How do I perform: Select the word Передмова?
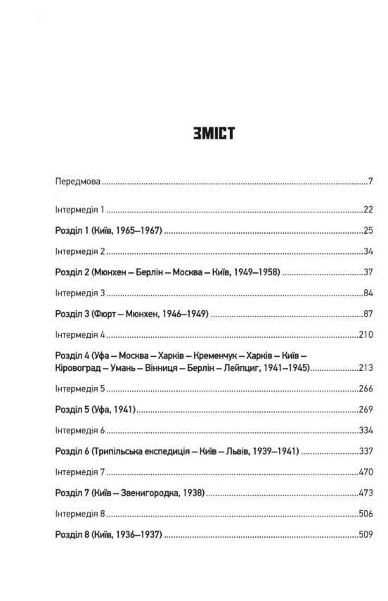pyautogui.click(x=77, y=182)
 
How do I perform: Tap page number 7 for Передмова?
pyautogui.click(x=369, y=182)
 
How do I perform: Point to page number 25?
pyautogui.click(x=367, y=230)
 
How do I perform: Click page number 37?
pyautogui.click(x=367, y=272)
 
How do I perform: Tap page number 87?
pyautogui.click(x=367, y=313)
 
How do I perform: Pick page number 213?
pyautogui.click(x=365, y=367)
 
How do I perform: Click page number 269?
pyautogui.click(x=365, y=409)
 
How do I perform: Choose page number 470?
pyautogui.click(x=365, y=472)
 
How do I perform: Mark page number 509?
pyautogui.click(x=365, y=534)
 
